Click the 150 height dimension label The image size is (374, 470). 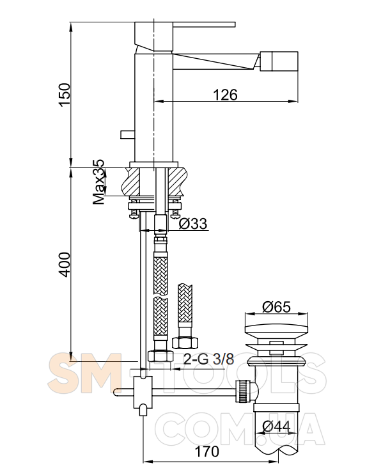(x=65, y=95)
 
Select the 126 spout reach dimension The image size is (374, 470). (x=225, y=95)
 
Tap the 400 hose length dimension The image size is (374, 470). (x=65, y=264)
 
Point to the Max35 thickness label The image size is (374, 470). (x=98, y=182)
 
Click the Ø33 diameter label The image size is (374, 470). (x=193, y=224)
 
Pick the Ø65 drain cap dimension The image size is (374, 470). (x=276, y=307)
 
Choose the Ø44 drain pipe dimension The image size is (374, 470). (x=276, y=427)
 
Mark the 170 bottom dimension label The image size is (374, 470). (x=206, y=451)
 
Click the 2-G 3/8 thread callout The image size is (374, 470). (x=208, y=359)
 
